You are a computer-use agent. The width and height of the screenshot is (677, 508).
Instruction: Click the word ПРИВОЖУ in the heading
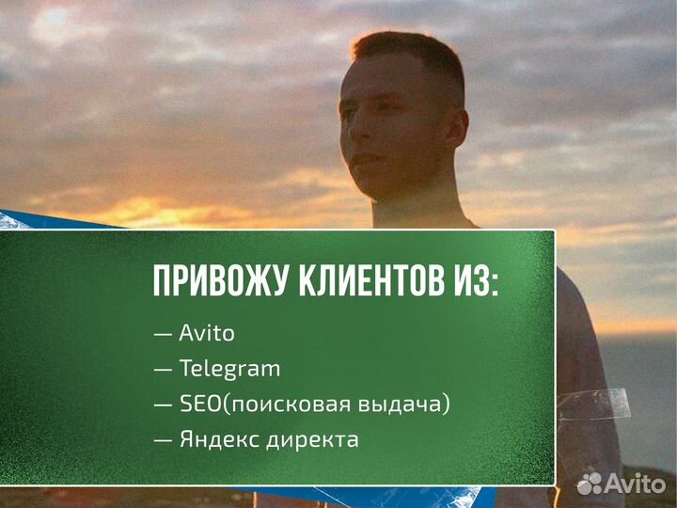pos(212,281)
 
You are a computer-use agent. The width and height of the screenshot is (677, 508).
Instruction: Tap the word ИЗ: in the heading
pos(473,281)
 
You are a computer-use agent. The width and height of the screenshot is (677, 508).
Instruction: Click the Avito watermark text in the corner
pos(635,484)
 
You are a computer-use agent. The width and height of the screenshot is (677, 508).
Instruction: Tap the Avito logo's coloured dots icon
pos(590,484)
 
